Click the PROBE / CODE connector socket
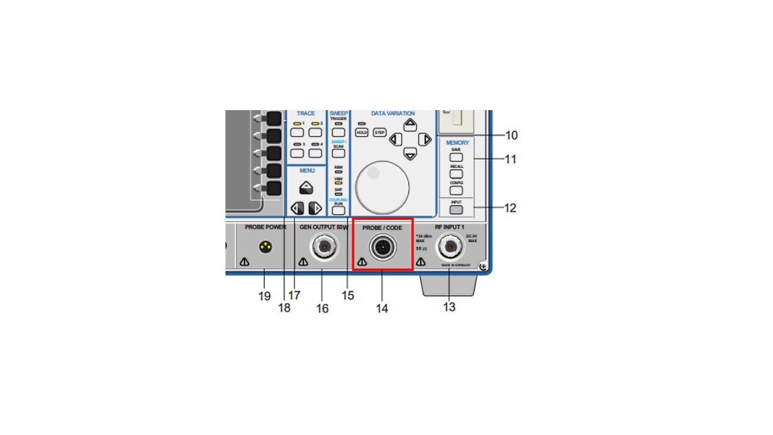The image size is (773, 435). (382, 246)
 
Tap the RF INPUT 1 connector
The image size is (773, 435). (450, 247)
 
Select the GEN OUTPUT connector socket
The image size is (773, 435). (324, 246)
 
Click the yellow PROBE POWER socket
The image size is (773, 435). (265, 246)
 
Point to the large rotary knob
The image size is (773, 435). (382, 187)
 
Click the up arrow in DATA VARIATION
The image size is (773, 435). (410, 125)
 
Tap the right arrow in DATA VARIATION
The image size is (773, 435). (425, 140)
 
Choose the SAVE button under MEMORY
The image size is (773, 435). (456, 158)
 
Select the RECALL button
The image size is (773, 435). (456, 174)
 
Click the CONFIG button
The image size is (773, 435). (456, 190)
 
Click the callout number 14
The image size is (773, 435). (382, 308)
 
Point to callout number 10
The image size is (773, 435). (511, 135)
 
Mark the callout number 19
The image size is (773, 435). (265, 296)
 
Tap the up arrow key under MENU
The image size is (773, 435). (306, 189)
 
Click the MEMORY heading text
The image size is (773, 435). (457, 143)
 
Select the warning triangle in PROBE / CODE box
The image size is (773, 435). (362, 262)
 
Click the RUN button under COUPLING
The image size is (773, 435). (338, 210)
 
